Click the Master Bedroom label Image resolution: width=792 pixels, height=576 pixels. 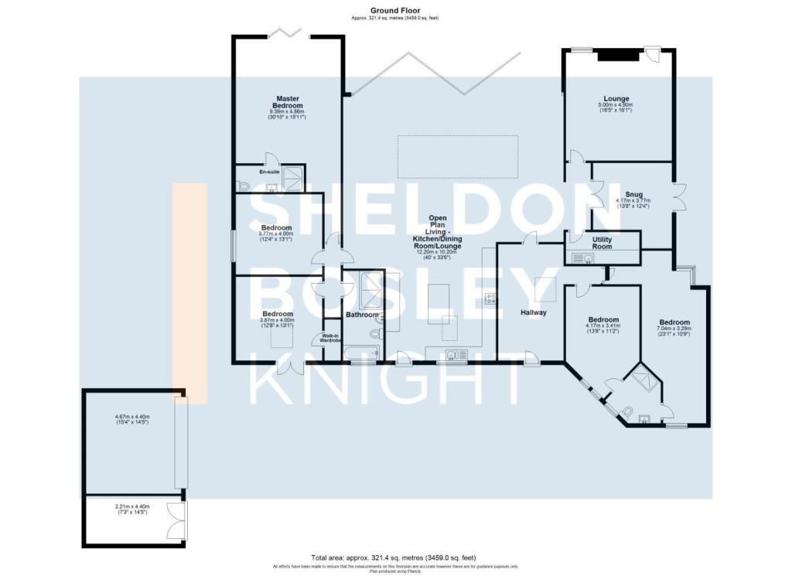[288, 102]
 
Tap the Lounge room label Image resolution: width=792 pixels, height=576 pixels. [616, 98]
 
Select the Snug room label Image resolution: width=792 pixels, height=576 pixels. [633, 195]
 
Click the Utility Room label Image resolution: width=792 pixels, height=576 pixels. [602, 244]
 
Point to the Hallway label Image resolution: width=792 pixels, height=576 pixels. [534, 313]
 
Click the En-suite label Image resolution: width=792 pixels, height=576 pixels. [247, 172]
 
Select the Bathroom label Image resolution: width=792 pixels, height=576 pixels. [362, 315]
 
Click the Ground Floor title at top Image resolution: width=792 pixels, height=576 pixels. [395, 10]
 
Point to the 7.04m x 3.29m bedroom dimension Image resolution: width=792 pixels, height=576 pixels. [674, 329]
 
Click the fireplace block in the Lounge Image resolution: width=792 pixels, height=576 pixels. [619, 54]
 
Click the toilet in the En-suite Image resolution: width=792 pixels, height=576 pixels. [243, 186]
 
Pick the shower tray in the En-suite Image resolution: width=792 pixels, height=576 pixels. [293, 179]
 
